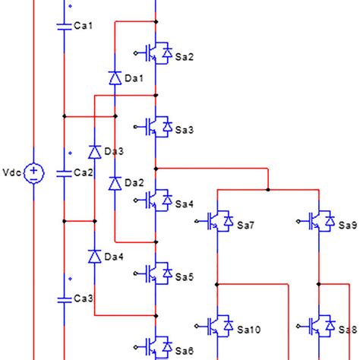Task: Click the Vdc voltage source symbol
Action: [33, 173]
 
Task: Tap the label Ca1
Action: [82, 26]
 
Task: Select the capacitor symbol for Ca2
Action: [65, 173]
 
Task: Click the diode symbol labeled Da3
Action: [94, 151]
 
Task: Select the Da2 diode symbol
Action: [114, 183]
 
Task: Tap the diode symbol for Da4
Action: [94, 256]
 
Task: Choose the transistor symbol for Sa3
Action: [158, 126]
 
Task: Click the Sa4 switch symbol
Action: [158, 200]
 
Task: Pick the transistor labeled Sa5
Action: [158, 273]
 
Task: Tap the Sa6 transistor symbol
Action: [158, 346]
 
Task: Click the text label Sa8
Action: [348, 330]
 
